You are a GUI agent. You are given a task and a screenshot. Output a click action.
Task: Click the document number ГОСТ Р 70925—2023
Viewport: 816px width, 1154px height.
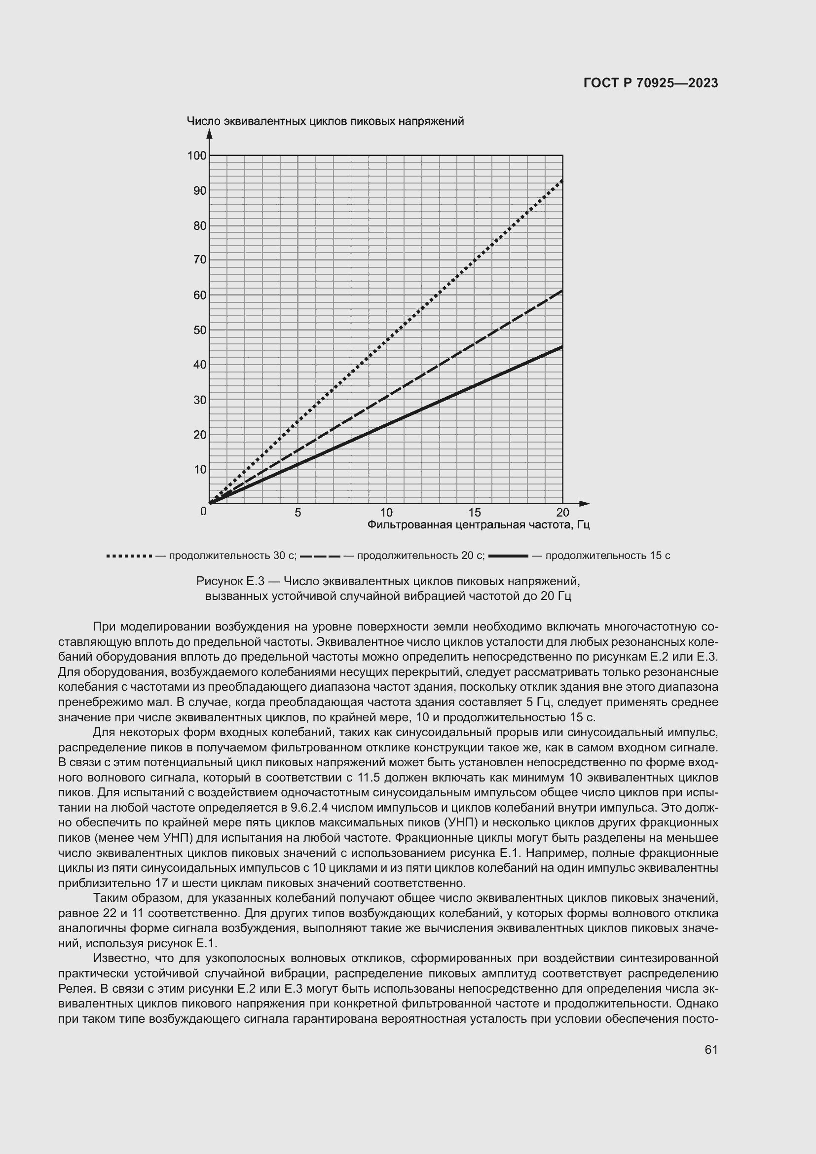point(651,83)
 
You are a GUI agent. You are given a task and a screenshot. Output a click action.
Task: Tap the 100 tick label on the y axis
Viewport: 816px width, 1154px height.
point(197,156)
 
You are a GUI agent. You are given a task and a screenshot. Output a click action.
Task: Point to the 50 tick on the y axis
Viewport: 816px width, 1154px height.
point(200,330)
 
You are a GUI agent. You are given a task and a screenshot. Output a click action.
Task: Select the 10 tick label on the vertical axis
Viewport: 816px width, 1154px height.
point(200,469)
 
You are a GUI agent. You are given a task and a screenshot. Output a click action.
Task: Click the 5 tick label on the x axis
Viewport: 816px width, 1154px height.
point(298,513)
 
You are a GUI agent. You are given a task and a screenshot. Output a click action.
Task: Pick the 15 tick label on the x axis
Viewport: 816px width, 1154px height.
point(474,513)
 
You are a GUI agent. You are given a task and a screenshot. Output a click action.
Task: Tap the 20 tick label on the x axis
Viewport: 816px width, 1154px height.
point(563,513)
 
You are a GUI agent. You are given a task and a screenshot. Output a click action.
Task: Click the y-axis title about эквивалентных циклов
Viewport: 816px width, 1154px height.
point(325,121)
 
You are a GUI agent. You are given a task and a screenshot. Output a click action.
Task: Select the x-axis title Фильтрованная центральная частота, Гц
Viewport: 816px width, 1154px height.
point(479,525)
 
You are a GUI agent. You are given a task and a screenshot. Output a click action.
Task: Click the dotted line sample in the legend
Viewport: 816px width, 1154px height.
point(129,556)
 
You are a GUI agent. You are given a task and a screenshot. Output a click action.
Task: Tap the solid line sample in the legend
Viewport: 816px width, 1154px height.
point(508,556)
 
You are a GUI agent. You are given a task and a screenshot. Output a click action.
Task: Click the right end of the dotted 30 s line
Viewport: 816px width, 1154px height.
point(562,181)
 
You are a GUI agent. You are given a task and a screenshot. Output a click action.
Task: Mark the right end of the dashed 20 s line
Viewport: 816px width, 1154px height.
point(562,291)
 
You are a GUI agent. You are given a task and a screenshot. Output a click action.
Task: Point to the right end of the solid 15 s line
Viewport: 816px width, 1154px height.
point(562,347)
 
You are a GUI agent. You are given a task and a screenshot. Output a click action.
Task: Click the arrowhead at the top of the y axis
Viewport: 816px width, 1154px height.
point(210,134)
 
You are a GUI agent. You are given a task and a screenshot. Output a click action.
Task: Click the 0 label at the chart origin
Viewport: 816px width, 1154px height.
point(203,512)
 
